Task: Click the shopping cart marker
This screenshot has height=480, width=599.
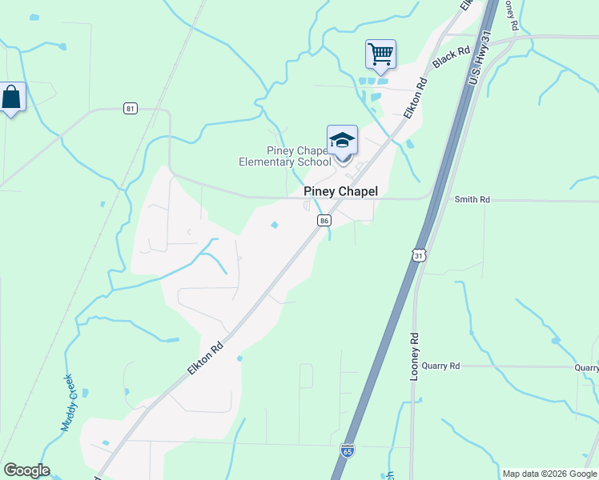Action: click(x=380, y=54)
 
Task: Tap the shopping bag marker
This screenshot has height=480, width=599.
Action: click(x=12, y=98)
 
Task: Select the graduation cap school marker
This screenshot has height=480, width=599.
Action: click(x=342, y=141)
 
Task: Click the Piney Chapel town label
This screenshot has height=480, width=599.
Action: click(x=340, y=192)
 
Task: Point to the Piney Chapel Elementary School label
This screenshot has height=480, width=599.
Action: click(x=285, y=156)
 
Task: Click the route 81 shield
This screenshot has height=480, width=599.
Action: click(x=130, y=108)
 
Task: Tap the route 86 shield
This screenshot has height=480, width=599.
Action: click(x=324, y=220)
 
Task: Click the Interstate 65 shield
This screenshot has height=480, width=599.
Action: click(x=347, y=451)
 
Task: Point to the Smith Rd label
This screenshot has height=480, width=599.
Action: click(x=472, y=199)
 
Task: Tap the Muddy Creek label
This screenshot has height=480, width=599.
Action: click(x=67, y=403)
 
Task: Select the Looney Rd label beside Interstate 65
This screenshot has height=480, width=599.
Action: click(x=415, y=355)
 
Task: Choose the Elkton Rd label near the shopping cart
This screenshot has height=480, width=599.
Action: click(x=415, y=98)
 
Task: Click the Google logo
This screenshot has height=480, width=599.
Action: click(x=26, y=470)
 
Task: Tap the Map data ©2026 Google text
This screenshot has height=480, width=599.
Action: click(x=549, y=474)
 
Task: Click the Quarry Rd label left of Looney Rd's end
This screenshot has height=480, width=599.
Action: click(x=444, y=366)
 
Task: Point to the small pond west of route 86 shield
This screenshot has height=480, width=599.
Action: click(x=275, y=225)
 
